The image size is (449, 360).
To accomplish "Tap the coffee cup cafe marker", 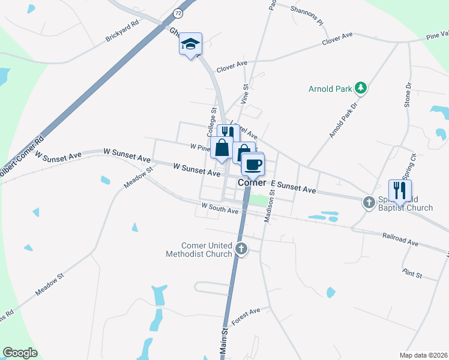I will [253, 163].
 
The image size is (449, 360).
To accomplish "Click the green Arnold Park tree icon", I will [361, 89].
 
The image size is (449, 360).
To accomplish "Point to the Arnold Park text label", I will [330, 89].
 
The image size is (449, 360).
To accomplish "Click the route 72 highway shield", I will [177, 12].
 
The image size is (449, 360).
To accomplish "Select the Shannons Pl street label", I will [307, 15].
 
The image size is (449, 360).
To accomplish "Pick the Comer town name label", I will [252, 182].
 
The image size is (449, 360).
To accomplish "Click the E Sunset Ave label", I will [293, 187].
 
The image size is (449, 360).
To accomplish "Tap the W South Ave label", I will [220, 208].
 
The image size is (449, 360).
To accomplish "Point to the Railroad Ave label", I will [400, 238].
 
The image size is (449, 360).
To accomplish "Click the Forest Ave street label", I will [246, 316].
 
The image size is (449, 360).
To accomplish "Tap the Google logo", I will [20, 353].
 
